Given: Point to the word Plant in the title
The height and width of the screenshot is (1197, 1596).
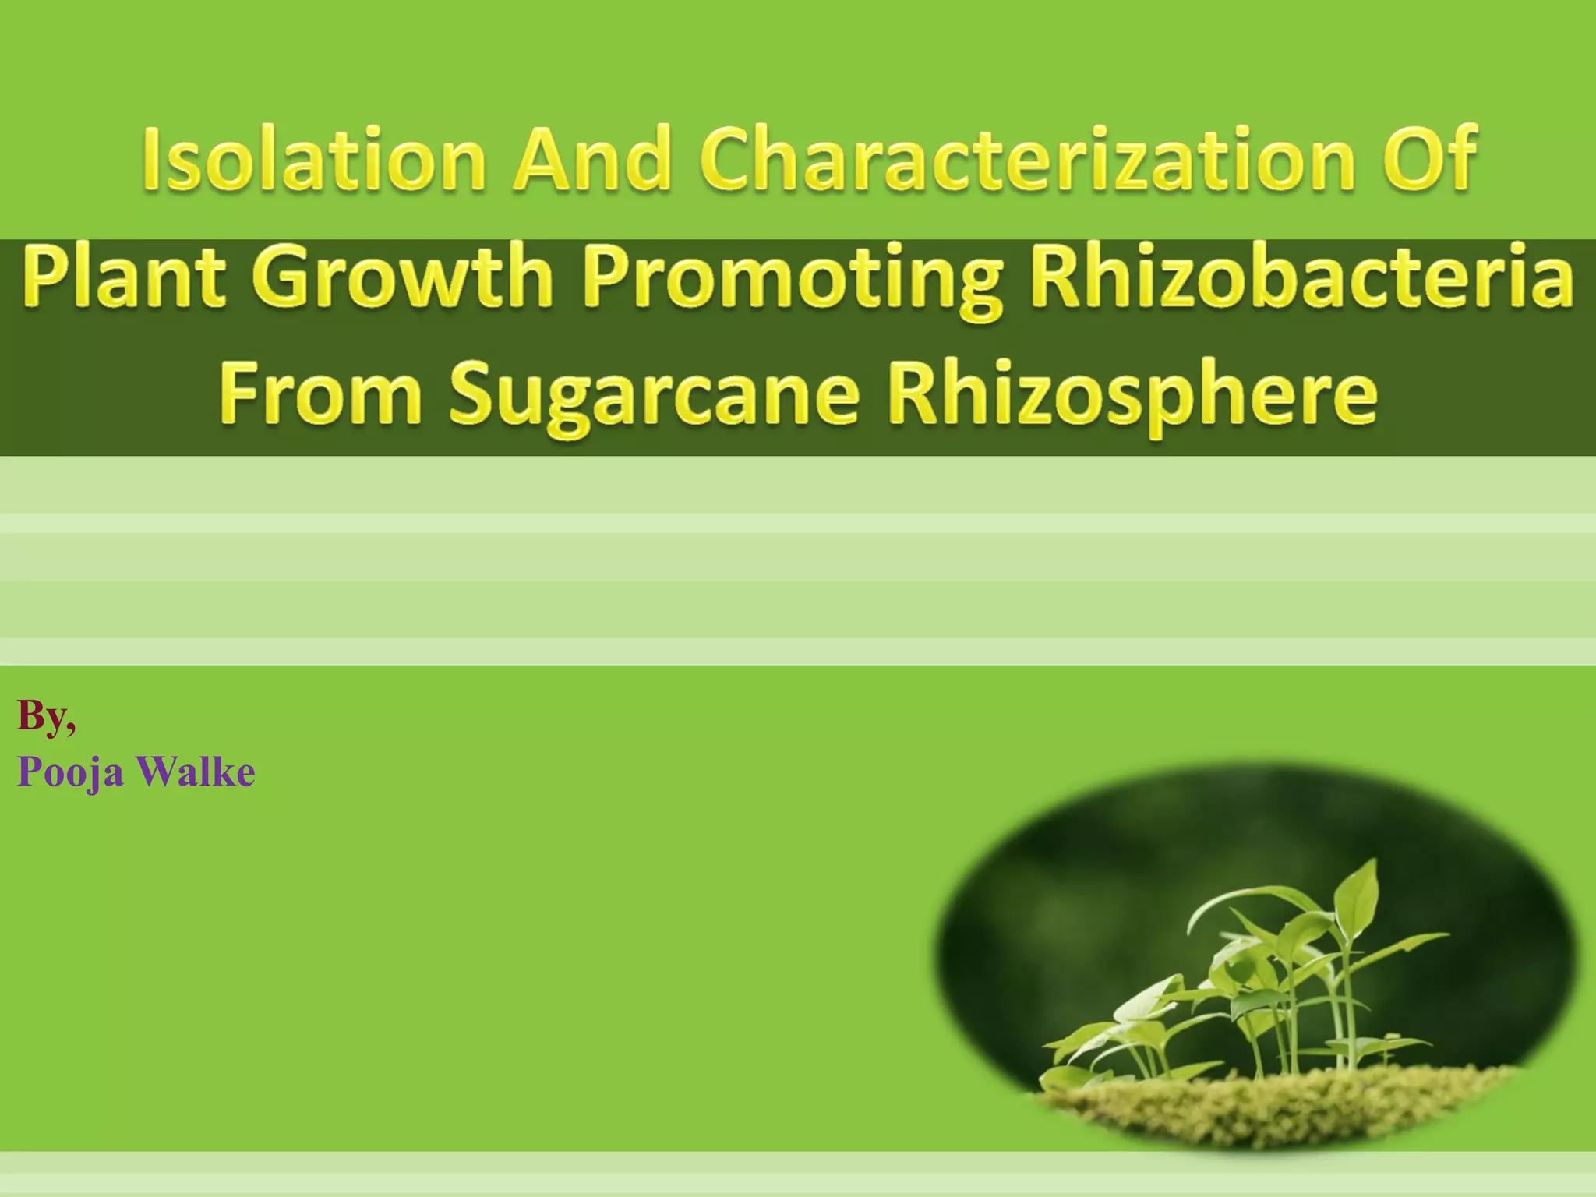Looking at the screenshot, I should click(125, 277).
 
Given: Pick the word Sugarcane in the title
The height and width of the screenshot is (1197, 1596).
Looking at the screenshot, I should click(655, 396).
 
